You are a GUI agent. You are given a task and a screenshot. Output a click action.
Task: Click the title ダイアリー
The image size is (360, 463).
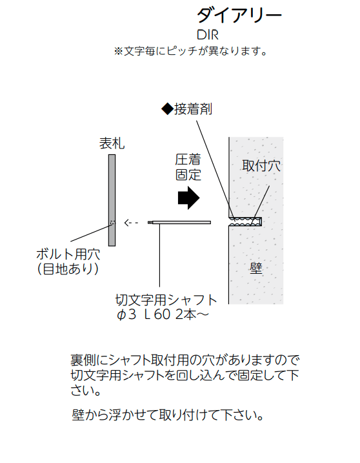[239, 15]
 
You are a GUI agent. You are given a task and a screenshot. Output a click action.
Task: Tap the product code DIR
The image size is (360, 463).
[208, 35]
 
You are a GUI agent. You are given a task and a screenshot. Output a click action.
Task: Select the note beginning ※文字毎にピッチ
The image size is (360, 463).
[190, 51]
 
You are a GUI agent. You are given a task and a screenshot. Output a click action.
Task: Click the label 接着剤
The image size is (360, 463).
[194, 109]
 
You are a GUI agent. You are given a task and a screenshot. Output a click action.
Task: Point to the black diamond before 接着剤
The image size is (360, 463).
[167, 109]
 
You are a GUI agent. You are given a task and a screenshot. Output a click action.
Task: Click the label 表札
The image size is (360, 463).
[112, 143]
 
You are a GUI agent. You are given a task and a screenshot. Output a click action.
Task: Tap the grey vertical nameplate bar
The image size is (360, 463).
[112, 200]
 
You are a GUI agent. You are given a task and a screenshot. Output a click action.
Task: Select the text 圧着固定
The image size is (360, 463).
[188, 167]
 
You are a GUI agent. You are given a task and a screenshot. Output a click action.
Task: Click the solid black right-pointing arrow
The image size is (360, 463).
[189, 198]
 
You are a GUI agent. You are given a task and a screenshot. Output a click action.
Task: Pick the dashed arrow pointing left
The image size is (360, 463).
[131, 222]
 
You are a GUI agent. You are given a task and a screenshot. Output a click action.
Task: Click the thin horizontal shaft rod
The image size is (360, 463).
[179, 222]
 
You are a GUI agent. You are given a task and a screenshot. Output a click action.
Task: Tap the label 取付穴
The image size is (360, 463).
[261, 166]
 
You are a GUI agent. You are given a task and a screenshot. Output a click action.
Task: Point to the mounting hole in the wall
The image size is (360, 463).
[246, 221]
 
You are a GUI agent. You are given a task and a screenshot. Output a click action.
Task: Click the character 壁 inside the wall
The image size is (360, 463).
[256, 268]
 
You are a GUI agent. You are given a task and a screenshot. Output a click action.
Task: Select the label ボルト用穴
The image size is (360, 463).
[68, 254]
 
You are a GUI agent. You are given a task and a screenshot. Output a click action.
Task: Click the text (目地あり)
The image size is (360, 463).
[68, 269]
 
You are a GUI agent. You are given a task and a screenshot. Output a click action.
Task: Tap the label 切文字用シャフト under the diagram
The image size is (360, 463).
[166, 300]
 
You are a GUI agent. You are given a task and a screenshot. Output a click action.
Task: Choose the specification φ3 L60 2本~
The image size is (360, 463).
[163, 314]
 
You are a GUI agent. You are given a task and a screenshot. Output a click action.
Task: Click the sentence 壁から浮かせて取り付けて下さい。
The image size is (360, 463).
[168, 415]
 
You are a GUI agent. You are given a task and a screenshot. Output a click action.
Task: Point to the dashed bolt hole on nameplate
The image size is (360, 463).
[112, 222]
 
